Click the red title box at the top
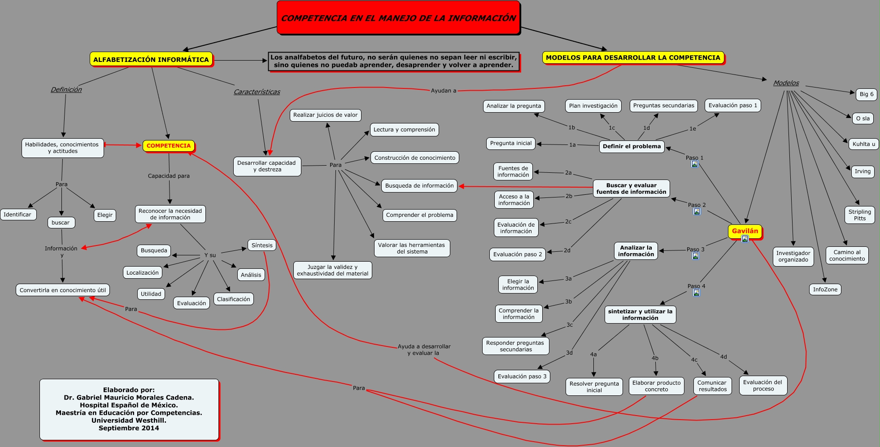click(x=398, y=18)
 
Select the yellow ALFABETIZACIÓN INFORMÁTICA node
click(x=151, y=59)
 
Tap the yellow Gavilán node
click(x=745, y=231)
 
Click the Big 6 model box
click(x=867, y=94)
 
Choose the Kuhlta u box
click(x=864, y=144)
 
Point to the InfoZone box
click(x=825, y=289)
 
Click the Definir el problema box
click(x=632, y=146)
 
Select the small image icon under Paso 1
click(x=694, y=164)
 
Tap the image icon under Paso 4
click(x=697, y=293)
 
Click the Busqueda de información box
click(x=419, y=186)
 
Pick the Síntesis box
click(x=262, y=245)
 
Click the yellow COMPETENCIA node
click(x=169, y=146)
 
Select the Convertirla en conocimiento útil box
click(x=63, y=290)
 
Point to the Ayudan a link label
click(x=444, y=91)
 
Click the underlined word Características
click(x=257, y=92)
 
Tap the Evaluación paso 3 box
click(x=522, y=377)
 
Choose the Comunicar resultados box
click(x=712, y=386)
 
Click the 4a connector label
click(x=593, y=355)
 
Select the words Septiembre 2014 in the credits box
click(x=129, y=428)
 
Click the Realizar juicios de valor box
click(x=326, y=115)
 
